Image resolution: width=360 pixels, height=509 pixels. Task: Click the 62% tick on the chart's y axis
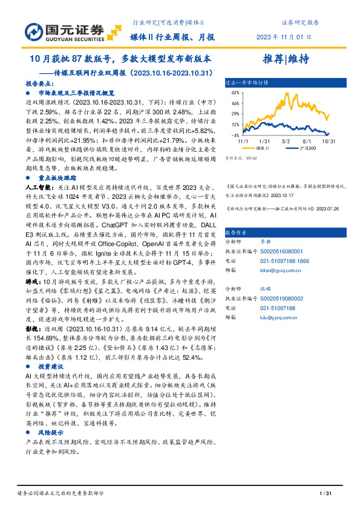tap(234, 92)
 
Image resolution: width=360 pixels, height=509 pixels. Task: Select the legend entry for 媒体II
tap(261, 147)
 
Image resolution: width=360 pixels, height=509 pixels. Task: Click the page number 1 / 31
tap(326, 494)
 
